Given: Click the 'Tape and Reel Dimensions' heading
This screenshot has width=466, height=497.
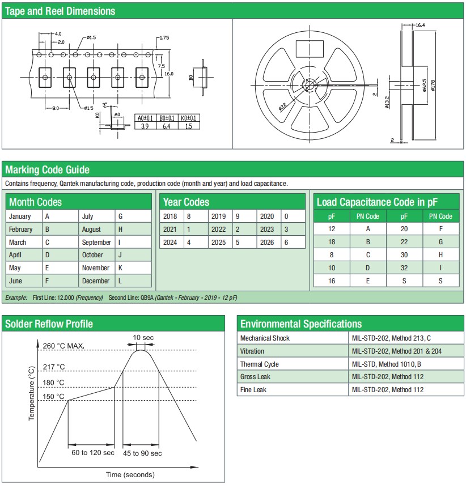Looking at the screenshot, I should pyautogui.click(x=60, y=11).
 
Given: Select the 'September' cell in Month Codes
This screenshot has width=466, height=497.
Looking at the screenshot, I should pyautogui.click(x=96, y=242).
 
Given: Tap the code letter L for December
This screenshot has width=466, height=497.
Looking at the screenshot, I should pyautogui.click(x=120, y=281).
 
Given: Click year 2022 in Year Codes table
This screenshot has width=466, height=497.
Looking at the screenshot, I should pyautogui.click(x=218, y=230).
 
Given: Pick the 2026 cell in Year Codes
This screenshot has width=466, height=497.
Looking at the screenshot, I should pyautogui.click(x=266, y=243).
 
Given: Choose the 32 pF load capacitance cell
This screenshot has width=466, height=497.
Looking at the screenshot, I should pyautogui.click(x=404, y=268).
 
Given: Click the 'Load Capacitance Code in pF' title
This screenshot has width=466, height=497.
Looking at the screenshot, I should pyautogui.click(x=377, y=202).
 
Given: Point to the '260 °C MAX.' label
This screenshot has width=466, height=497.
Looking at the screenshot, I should pyautogui.click(x=67, y=346).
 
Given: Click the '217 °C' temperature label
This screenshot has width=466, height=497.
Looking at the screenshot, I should pyautogui.click(x=54, y=367).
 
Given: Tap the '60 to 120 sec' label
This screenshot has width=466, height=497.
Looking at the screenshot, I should pyautogui.click(x=92, y=453).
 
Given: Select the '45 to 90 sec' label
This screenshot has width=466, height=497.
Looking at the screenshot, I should pyautogui.click(x=142, y=453).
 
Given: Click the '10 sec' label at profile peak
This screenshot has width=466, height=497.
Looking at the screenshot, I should pyautogui.click(x=143, y=338).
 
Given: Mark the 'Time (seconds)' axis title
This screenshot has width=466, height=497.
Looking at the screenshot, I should pyautogui.click(x=130, y=474).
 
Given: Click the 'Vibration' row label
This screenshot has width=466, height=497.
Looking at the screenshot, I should pyautogui.click(x=252, y=351).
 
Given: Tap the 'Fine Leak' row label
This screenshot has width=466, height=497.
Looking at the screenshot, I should pyautogui.click(x=253, y=390).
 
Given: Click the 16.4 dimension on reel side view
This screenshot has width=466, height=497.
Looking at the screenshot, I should pyautogui.click(x=420, y=26).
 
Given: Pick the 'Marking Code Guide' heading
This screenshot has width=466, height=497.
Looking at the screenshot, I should pyautogui.click(x=47, y=169).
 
